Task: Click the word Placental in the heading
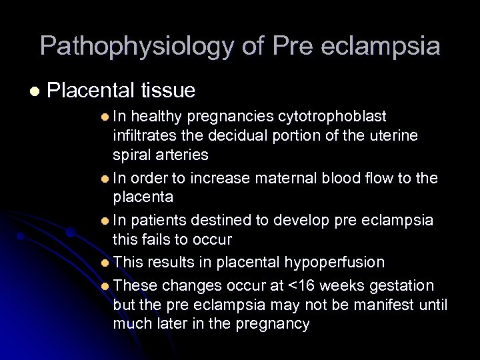tap(92, 89)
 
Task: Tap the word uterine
tap(393, 135)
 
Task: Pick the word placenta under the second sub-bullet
tap(143, 197)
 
